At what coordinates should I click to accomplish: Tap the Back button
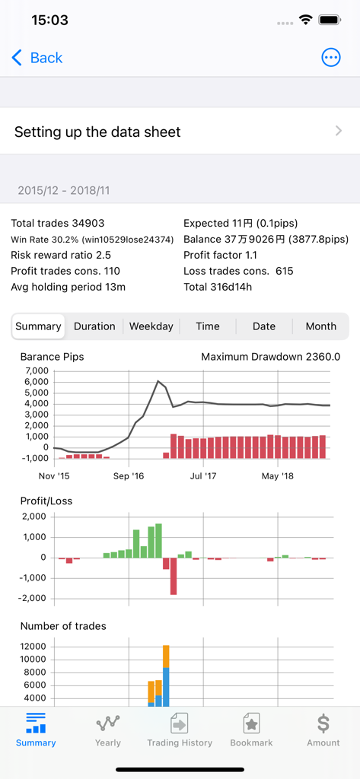tap(37, 58)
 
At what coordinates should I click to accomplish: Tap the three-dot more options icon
tap(331, 58)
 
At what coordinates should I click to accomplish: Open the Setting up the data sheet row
tap(180, 132)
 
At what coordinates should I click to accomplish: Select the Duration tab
tap(94, 326)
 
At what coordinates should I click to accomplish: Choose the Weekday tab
tap(151, 326)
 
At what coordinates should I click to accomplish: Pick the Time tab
tap(207, 326)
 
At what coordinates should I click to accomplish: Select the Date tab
tap(264, 326)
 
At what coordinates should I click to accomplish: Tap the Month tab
tap(320, 326)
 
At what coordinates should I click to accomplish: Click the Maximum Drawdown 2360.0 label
tap(270, 357)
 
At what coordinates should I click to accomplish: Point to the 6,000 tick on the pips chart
tap(37, 382)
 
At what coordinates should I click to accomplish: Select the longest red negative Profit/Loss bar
tap(174, 576)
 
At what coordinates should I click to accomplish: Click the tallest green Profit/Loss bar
tap(158, 540)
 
